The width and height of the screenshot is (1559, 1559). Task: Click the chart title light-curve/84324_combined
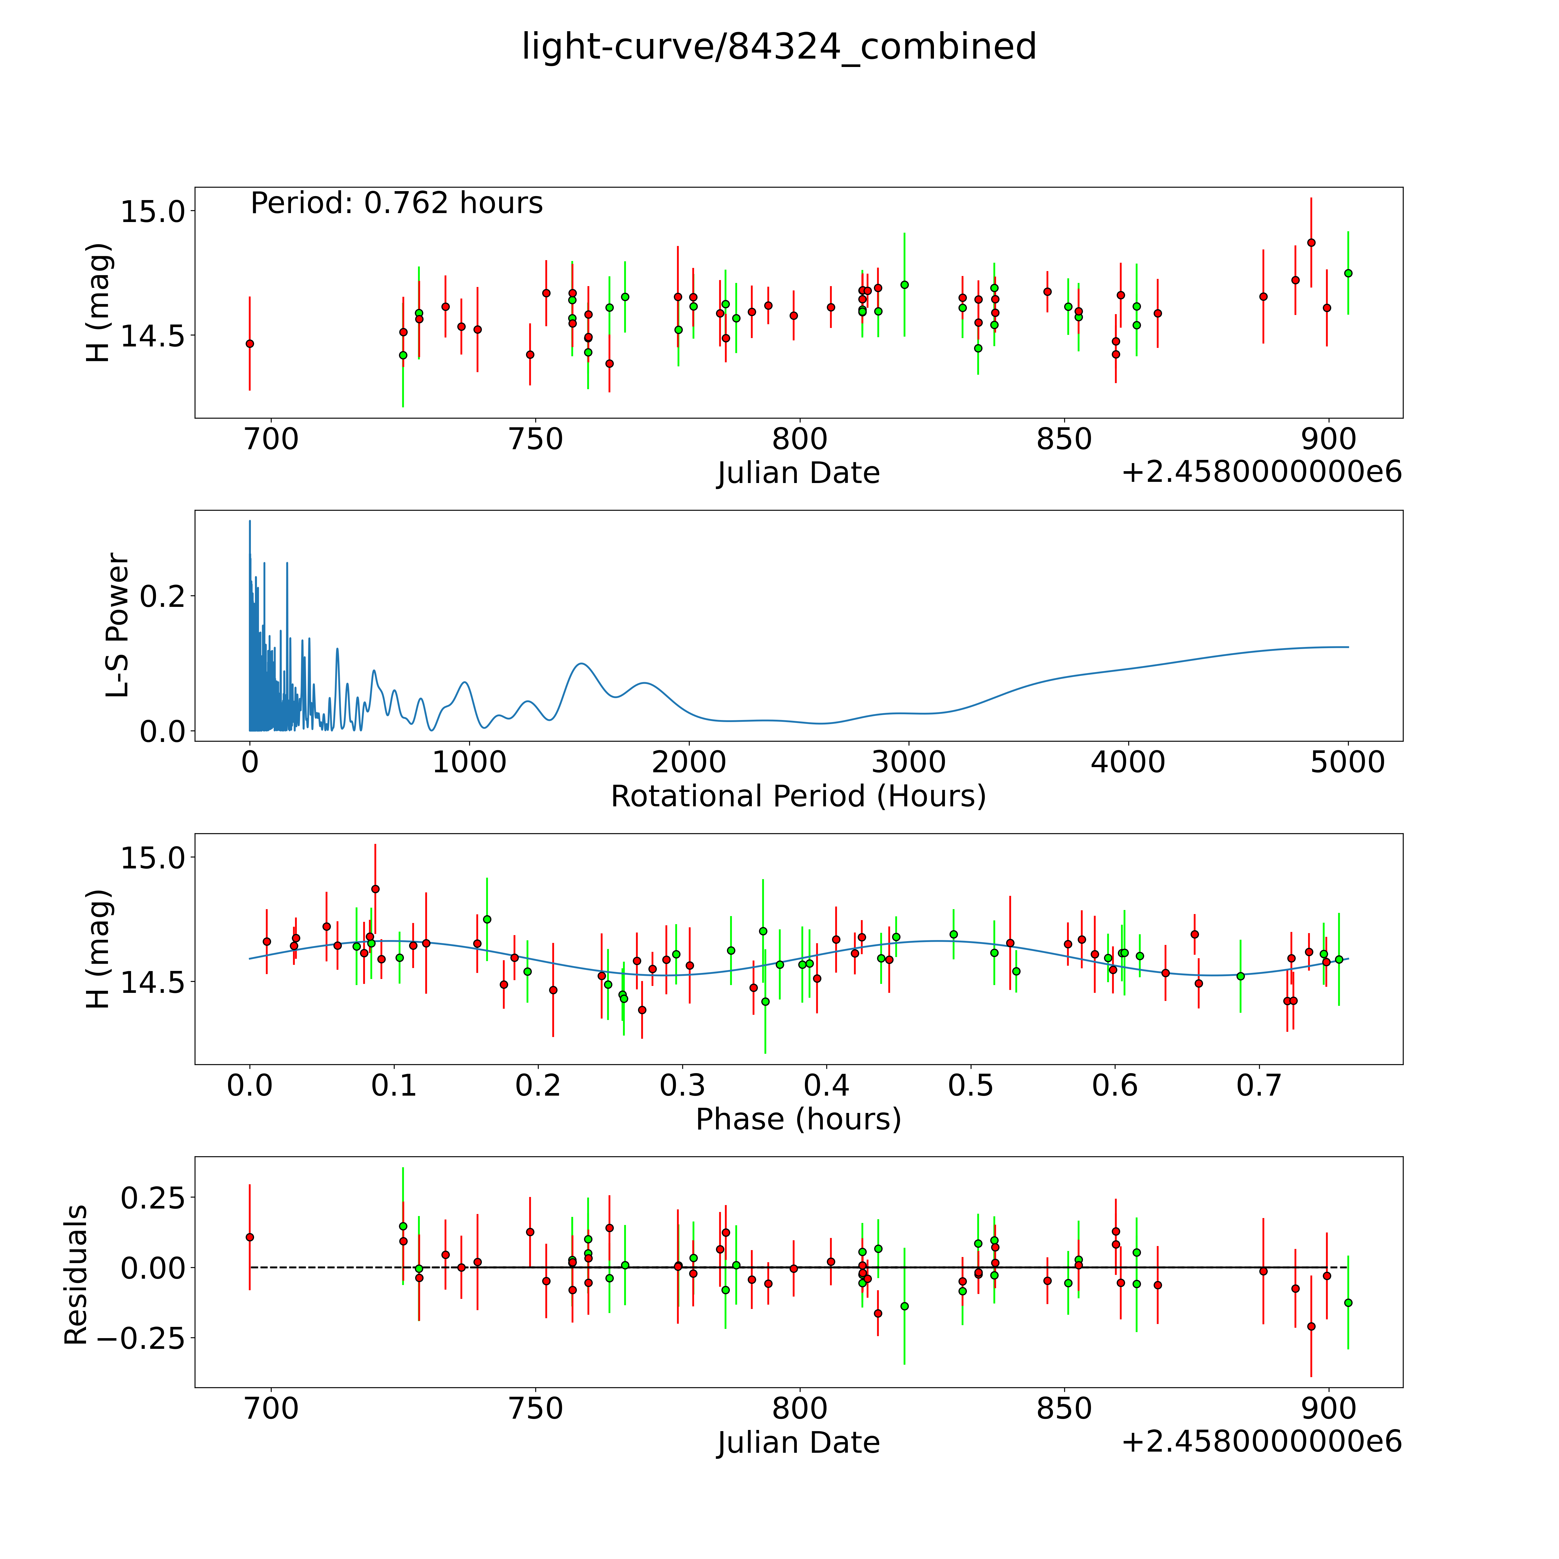[x=779, y=47]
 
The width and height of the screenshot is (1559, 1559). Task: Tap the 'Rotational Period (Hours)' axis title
[x=798, y=797]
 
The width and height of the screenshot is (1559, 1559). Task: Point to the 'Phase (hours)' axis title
[x=798, y=1119]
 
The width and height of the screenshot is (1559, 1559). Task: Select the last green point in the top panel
[x=1348, y=273]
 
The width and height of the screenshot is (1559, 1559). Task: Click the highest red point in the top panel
[x=1311, y=242]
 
